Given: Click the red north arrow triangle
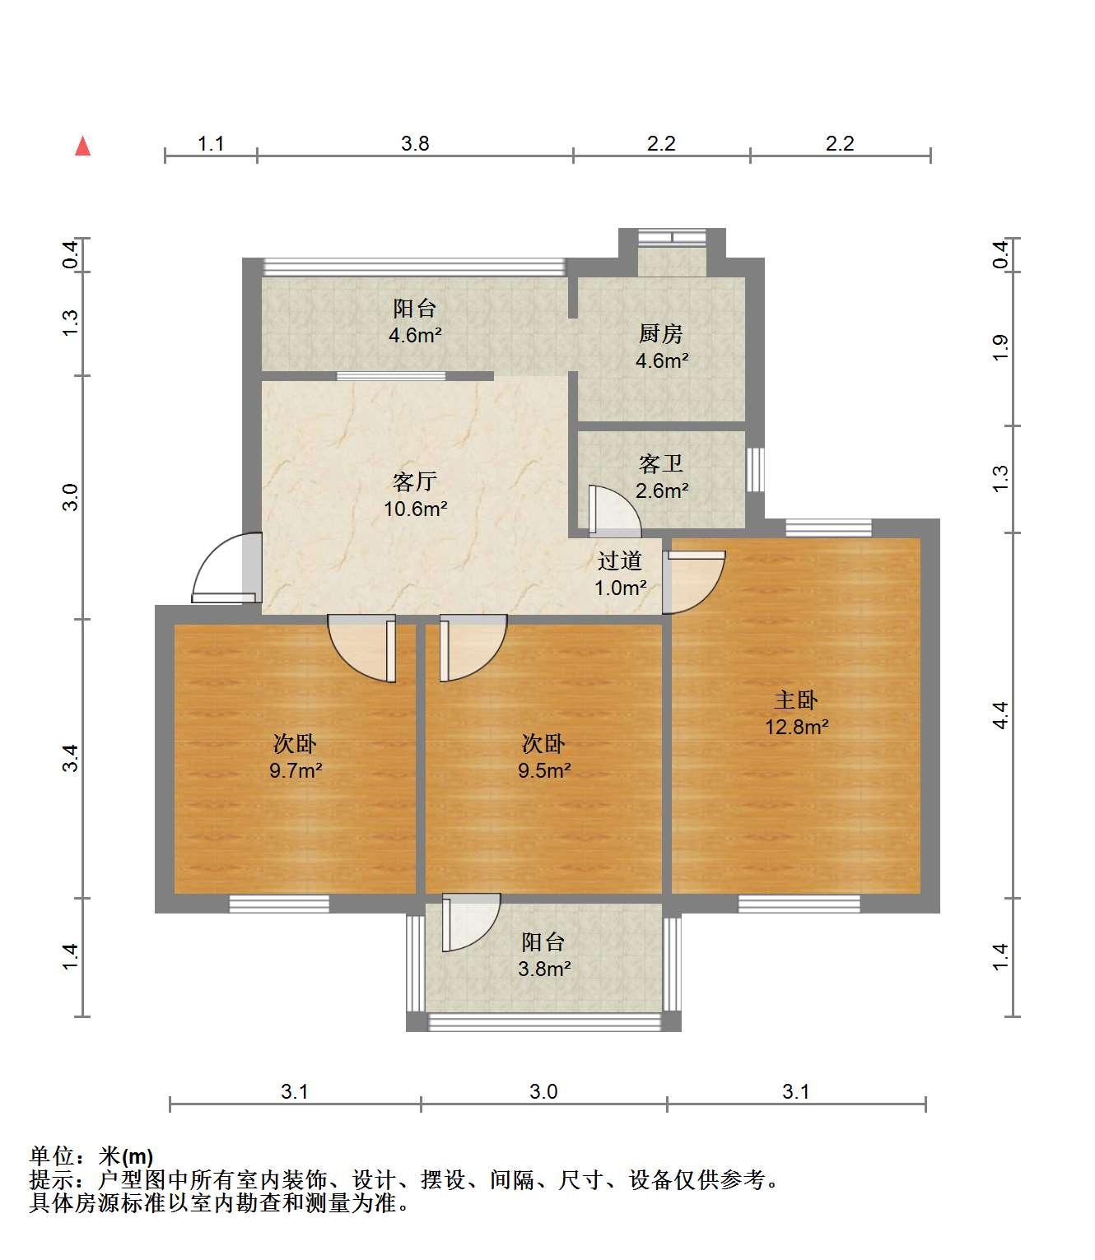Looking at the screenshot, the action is (x=83, y=146).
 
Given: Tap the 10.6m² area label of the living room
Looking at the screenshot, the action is (x=415, y=509).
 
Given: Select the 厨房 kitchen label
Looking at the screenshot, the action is (x=661, y=334).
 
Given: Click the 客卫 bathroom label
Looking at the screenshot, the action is (x=661, y=463).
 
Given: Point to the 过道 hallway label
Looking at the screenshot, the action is (x=620, y=561).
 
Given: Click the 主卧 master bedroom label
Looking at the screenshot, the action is (x=795, y=700).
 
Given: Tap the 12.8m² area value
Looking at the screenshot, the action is (x=796, y=728).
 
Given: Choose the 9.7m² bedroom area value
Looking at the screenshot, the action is (x=296, y=770).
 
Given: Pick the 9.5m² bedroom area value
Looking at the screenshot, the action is (x=544, y=770).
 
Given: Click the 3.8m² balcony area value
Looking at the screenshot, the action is (x=544, y=969).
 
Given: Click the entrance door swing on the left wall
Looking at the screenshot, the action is (x=226, y=568).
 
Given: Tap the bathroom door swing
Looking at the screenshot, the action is (x=614, y=511).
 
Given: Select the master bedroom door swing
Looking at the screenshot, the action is (x=694, y=582).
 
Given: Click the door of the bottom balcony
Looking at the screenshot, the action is (x=471, y=923).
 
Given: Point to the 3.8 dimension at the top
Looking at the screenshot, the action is (x=415, y=143).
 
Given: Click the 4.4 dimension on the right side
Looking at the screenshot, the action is (x=1001, y=715).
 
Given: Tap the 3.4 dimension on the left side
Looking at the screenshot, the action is (x=71, y=758).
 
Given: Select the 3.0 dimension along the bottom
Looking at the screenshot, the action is (x=544, y=1091).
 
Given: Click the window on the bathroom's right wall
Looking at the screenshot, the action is (x=756, y=469).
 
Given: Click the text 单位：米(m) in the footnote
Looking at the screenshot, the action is (x=91, y=1156).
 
